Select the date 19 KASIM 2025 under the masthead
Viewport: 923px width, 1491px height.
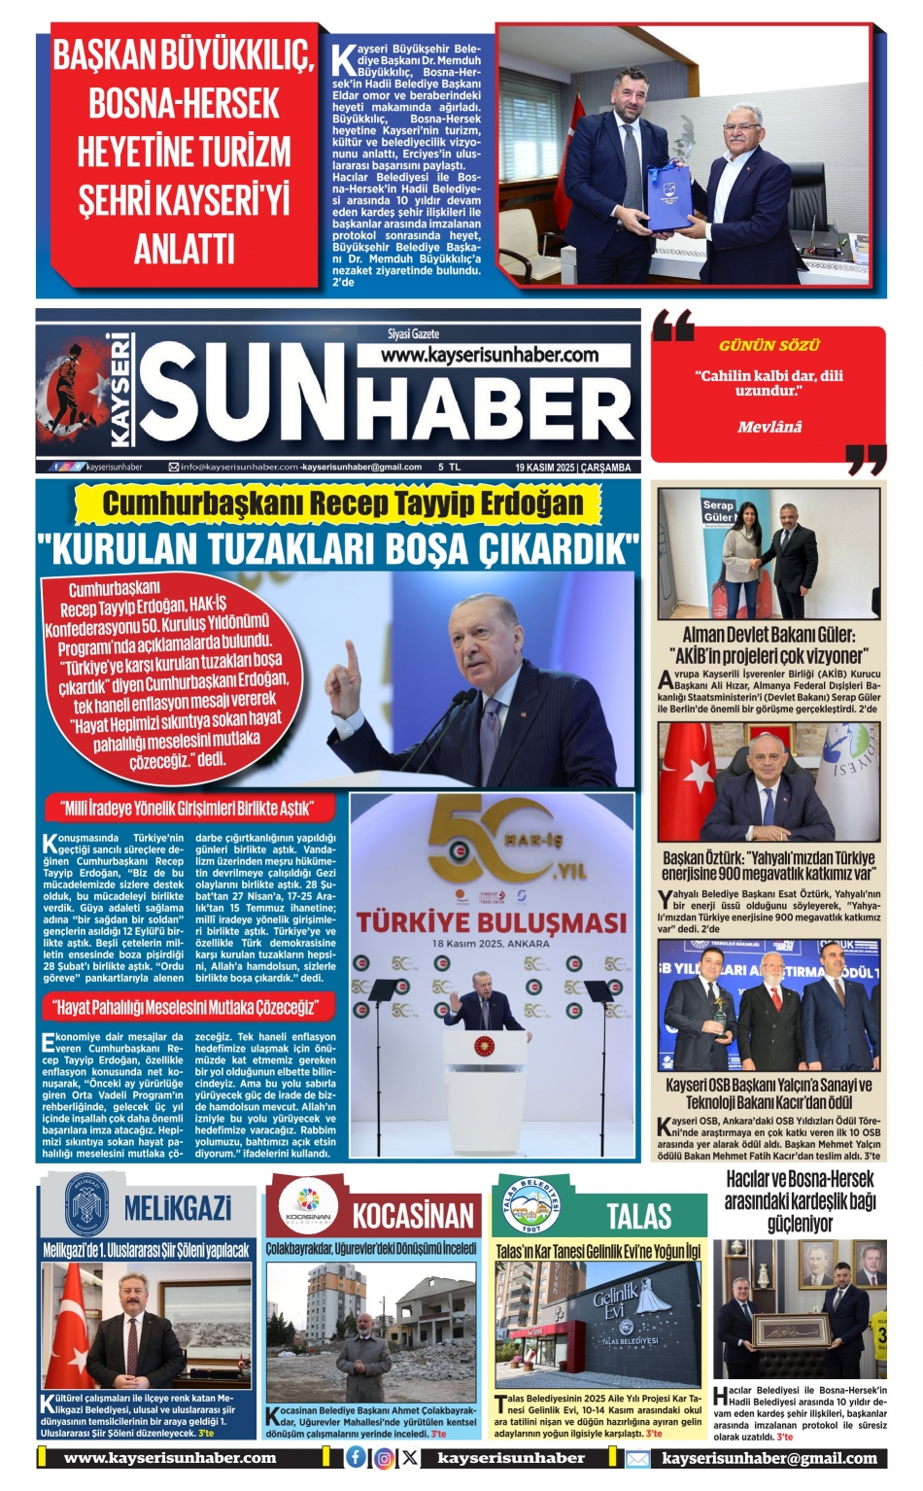(544, 468)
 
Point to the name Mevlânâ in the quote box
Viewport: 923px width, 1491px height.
(769, 427)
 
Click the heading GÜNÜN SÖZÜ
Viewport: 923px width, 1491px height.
(769, 345)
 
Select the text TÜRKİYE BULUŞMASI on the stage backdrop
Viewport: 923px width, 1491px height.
(492, 921)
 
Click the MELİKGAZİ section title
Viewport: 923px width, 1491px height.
(177, 1208)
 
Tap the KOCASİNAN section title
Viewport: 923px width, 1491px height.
(413, 1215)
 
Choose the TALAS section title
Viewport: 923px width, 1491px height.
(638, 1215)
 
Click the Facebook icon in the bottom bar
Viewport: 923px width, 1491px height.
(357, 1458)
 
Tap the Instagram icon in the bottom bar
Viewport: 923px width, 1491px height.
(384, 1458)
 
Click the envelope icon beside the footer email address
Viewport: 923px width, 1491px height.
(637, 1459)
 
